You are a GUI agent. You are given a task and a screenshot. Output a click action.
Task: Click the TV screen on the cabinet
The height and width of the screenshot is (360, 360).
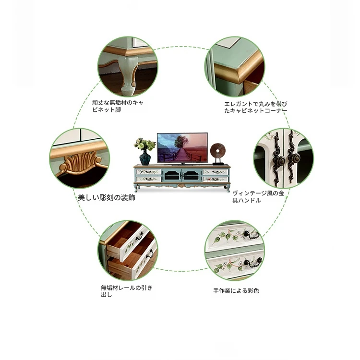(182, 147)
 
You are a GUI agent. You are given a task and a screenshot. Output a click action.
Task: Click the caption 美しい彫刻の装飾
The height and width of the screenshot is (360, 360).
(107, 197)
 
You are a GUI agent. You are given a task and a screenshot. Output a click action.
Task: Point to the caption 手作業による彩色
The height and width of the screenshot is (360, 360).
(236, 290)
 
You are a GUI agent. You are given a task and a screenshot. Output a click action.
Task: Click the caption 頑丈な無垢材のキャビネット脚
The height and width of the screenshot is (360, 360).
(118, 106)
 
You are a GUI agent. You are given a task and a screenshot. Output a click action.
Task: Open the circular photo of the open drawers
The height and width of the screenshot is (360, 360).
(128, 250)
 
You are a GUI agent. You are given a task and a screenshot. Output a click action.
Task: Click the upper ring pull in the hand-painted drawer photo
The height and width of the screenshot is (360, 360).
(250, 235)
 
